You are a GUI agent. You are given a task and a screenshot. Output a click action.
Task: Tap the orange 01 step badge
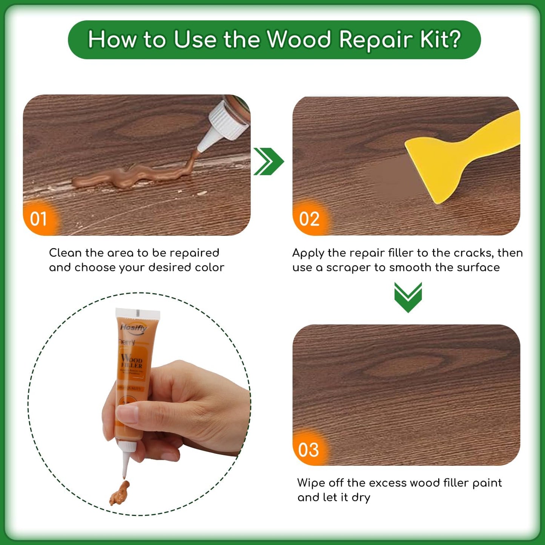coord(38,219)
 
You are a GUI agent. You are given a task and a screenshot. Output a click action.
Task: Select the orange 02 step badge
coord(309,219)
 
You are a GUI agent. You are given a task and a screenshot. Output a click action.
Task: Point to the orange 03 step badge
coord(308,450)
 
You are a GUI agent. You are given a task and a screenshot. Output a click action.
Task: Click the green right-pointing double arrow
coord(268,161)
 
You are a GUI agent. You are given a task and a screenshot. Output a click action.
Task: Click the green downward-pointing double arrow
coord(408,297)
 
